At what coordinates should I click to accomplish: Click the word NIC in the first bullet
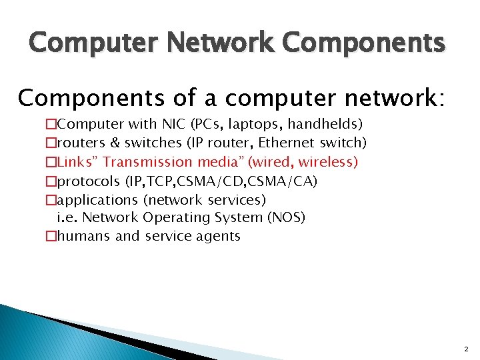(x=174, y=124)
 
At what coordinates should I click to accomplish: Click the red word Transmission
(x=147, y=161)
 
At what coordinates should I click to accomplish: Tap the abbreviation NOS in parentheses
(x=285, y=217)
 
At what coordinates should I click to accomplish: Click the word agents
(x=217, y=236)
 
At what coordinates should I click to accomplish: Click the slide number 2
(x=466, y=349)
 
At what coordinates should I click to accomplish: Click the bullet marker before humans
(x=51, y=236)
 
